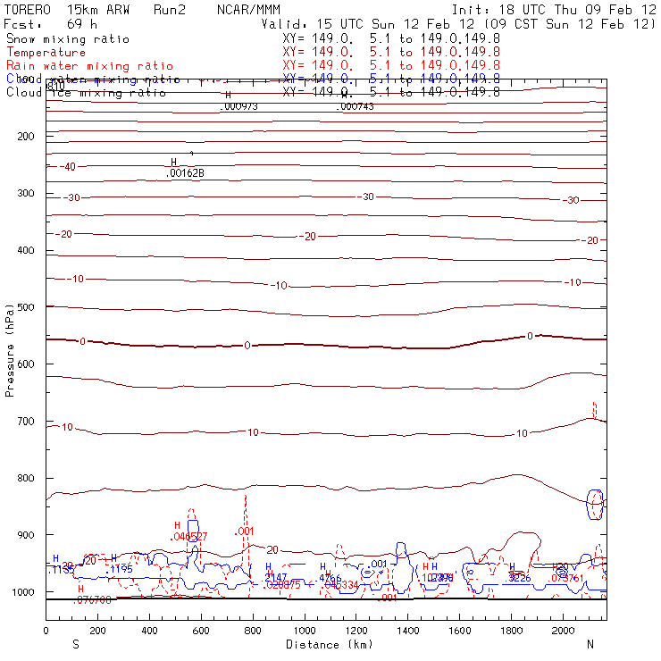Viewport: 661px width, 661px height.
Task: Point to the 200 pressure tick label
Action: [x=24, y=136]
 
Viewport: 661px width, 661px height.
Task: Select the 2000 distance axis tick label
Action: [x=565, y=632]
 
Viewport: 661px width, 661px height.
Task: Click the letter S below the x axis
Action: [x=75, y=644]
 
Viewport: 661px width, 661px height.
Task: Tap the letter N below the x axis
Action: [x=590, y=644]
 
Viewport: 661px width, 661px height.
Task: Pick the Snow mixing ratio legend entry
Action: [x=67, y=39]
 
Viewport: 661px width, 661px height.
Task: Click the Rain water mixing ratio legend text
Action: [x=89, y=66]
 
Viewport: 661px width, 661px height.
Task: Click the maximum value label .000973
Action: [x=238, y=107]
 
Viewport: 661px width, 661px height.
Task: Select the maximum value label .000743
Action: [x=356, y=107]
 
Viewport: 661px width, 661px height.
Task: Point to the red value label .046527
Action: [x=189, y=536]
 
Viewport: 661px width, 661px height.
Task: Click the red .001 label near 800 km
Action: [x=245, y=531]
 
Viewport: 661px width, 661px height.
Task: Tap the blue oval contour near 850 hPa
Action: [x=595, y=505]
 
